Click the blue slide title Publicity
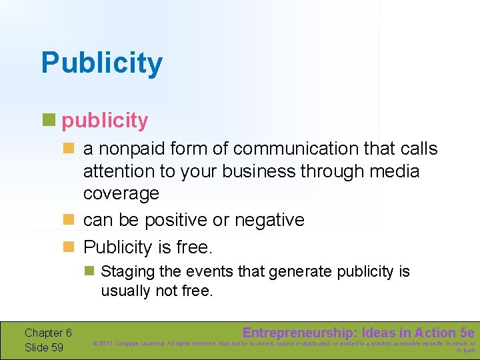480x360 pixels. (101, 63)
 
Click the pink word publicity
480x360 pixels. (105, 121)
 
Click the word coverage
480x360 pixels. (121, 193)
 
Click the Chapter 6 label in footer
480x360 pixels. (48, 333)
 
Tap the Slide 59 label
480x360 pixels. (44, 347)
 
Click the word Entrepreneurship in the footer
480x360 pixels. (300, 333)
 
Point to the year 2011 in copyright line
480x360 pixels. (107, 344)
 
